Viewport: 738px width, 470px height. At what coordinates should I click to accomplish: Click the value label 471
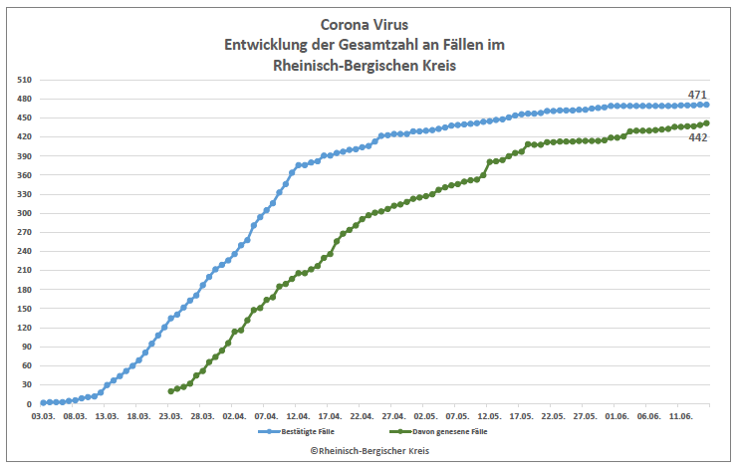[697, 95]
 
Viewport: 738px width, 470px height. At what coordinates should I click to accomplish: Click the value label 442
[698, 137]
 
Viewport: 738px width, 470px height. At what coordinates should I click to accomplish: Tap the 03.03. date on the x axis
[44, 416]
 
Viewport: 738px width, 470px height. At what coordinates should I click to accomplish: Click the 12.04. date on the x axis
[298, 416]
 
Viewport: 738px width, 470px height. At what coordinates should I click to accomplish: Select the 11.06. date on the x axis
[680, 416]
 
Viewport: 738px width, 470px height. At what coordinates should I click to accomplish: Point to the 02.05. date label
[425, 416]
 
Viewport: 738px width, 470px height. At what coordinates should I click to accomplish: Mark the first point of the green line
[171, 391]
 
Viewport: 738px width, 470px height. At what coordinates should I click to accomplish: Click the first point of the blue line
[44, 402]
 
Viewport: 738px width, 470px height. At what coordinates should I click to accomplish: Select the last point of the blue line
[706, 105]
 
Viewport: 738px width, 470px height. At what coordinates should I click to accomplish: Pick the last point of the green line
[706, 123]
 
